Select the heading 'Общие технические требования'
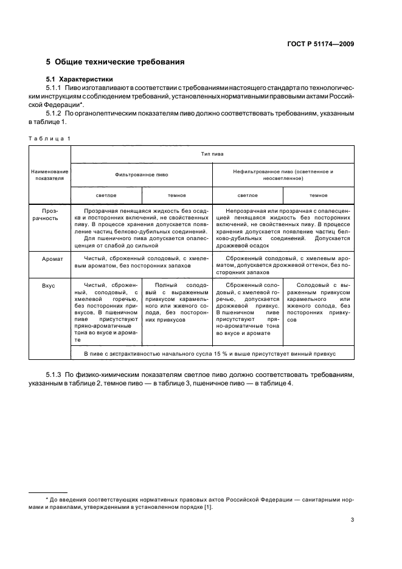119,62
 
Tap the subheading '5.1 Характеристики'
80,80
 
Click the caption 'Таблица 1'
49,138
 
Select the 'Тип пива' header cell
212,154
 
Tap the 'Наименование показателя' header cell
49,175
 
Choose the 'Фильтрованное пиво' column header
142,173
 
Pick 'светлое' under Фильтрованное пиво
106,195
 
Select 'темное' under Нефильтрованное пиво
318,195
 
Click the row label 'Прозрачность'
49,213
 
